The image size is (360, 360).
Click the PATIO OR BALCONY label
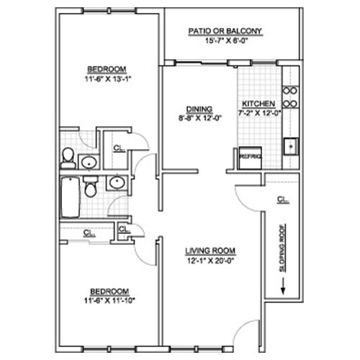[225, 31]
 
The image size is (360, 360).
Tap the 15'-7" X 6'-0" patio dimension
[226, 40]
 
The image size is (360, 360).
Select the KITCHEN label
[258, 104]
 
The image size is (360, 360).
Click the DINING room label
[199, 109]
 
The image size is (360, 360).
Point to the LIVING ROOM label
[210, 251]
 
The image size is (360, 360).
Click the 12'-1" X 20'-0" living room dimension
[211, 261]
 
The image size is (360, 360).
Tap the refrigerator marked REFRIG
[250, 158]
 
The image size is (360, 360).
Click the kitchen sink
[291, 146]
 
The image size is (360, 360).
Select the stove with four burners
[290, 97]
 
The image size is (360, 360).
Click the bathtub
[70, 197]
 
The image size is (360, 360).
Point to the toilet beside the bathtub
[91, 187]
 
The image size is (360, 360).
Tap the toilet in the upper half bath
[68, 158]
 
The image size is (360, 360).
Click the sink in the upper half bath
[89, 162]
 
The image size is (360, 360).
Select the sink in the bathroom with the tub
[117, 183]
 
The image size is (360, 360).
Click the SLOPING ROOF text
[283, 248]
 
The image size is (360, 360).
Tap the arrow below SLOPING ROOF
[283, 286]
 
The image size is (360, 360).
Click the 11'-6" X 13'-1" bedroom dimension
[108, 78]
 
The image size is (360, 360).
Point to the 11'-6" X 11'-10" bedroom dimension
[109, 300]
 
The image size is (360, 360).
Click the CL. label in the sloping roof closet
[283, 199]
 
